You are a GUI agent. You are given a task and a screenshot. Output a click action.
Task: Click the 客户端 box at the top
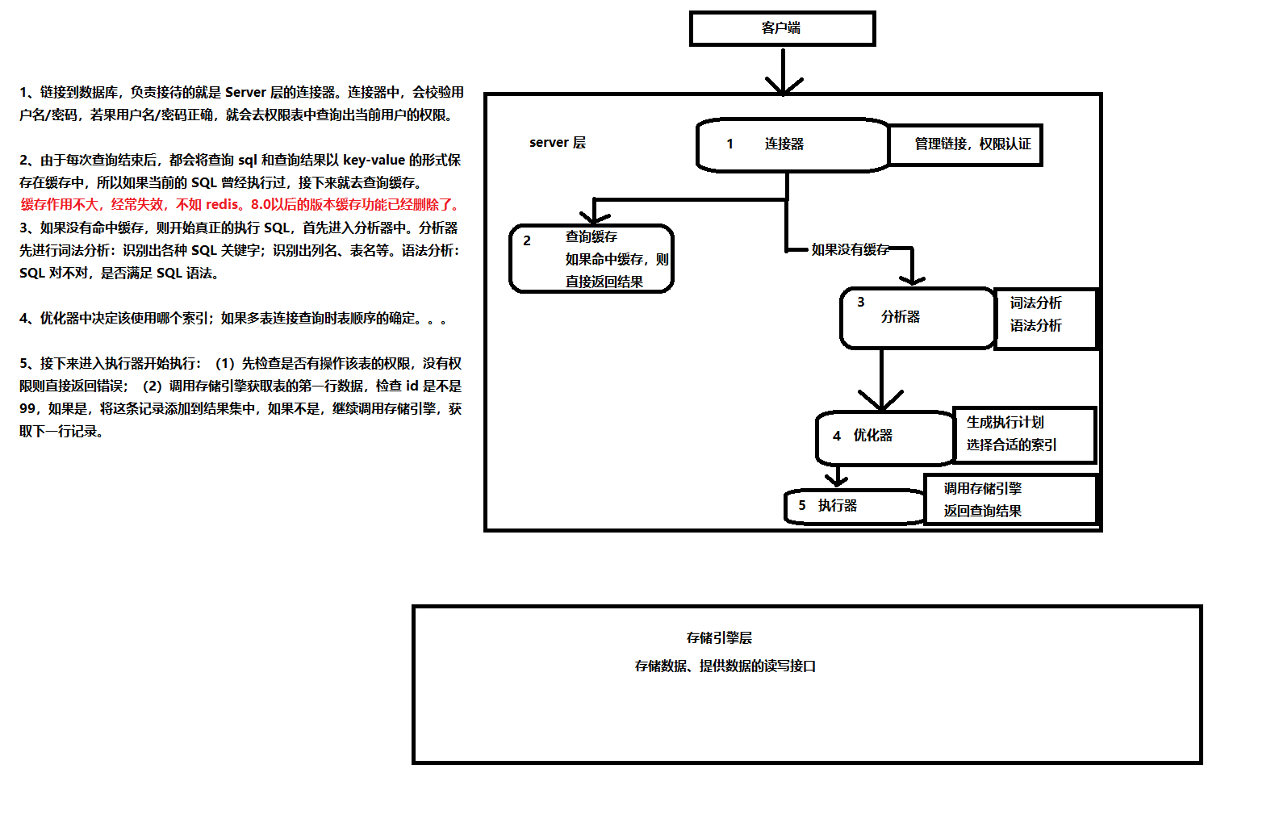point(782,28)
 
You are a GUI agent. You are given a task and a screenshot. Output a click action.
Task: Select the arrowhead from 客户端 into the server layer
point(784,86)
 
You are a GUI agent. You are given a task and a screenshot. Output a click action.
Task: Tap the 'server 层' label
point(558,143)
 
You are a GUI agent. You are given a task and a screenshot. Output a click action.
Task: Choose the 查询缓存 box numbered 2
point(592,258)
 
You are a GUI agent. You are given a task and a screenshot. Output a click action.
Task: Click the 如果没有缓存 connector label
point(850,250)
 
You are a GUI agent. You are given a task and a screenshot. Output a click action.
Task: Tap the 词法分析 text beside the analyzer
point(1036,303)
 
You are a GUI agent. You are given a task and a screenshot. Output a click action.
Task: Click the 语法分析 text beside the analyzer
point(1036,326)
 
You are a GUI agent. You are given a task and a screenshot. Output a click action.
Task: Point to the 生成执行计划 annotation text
point(1005,423)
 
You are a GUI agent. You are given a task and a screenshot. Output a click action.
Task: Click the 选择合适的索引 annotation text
point(1012,445)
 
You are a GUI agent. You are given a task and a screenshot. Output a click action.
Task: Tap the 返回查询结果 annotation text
point(983,512)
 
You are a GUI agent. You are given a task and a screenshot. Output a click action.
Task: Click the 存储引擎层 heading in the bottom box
point(719,638)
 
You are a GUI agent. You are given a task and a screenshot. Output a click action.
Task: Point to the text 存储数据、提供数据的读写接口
point(725,666)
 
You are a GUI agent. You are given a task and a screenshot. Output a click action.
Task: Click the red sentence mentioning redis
point(240,205)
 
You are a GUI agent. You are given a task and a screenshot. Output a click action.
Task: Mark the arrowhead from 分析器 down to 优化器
point(880,401)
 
